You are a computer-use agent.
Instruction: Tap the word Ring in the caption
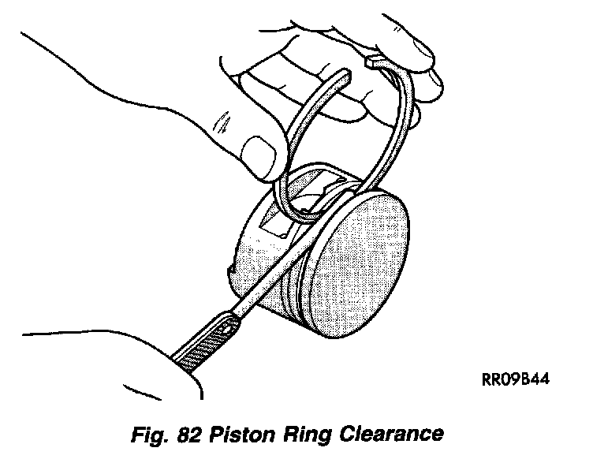[308, 435]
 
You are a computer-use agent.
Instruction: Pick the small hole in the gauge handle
[228, 323]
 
